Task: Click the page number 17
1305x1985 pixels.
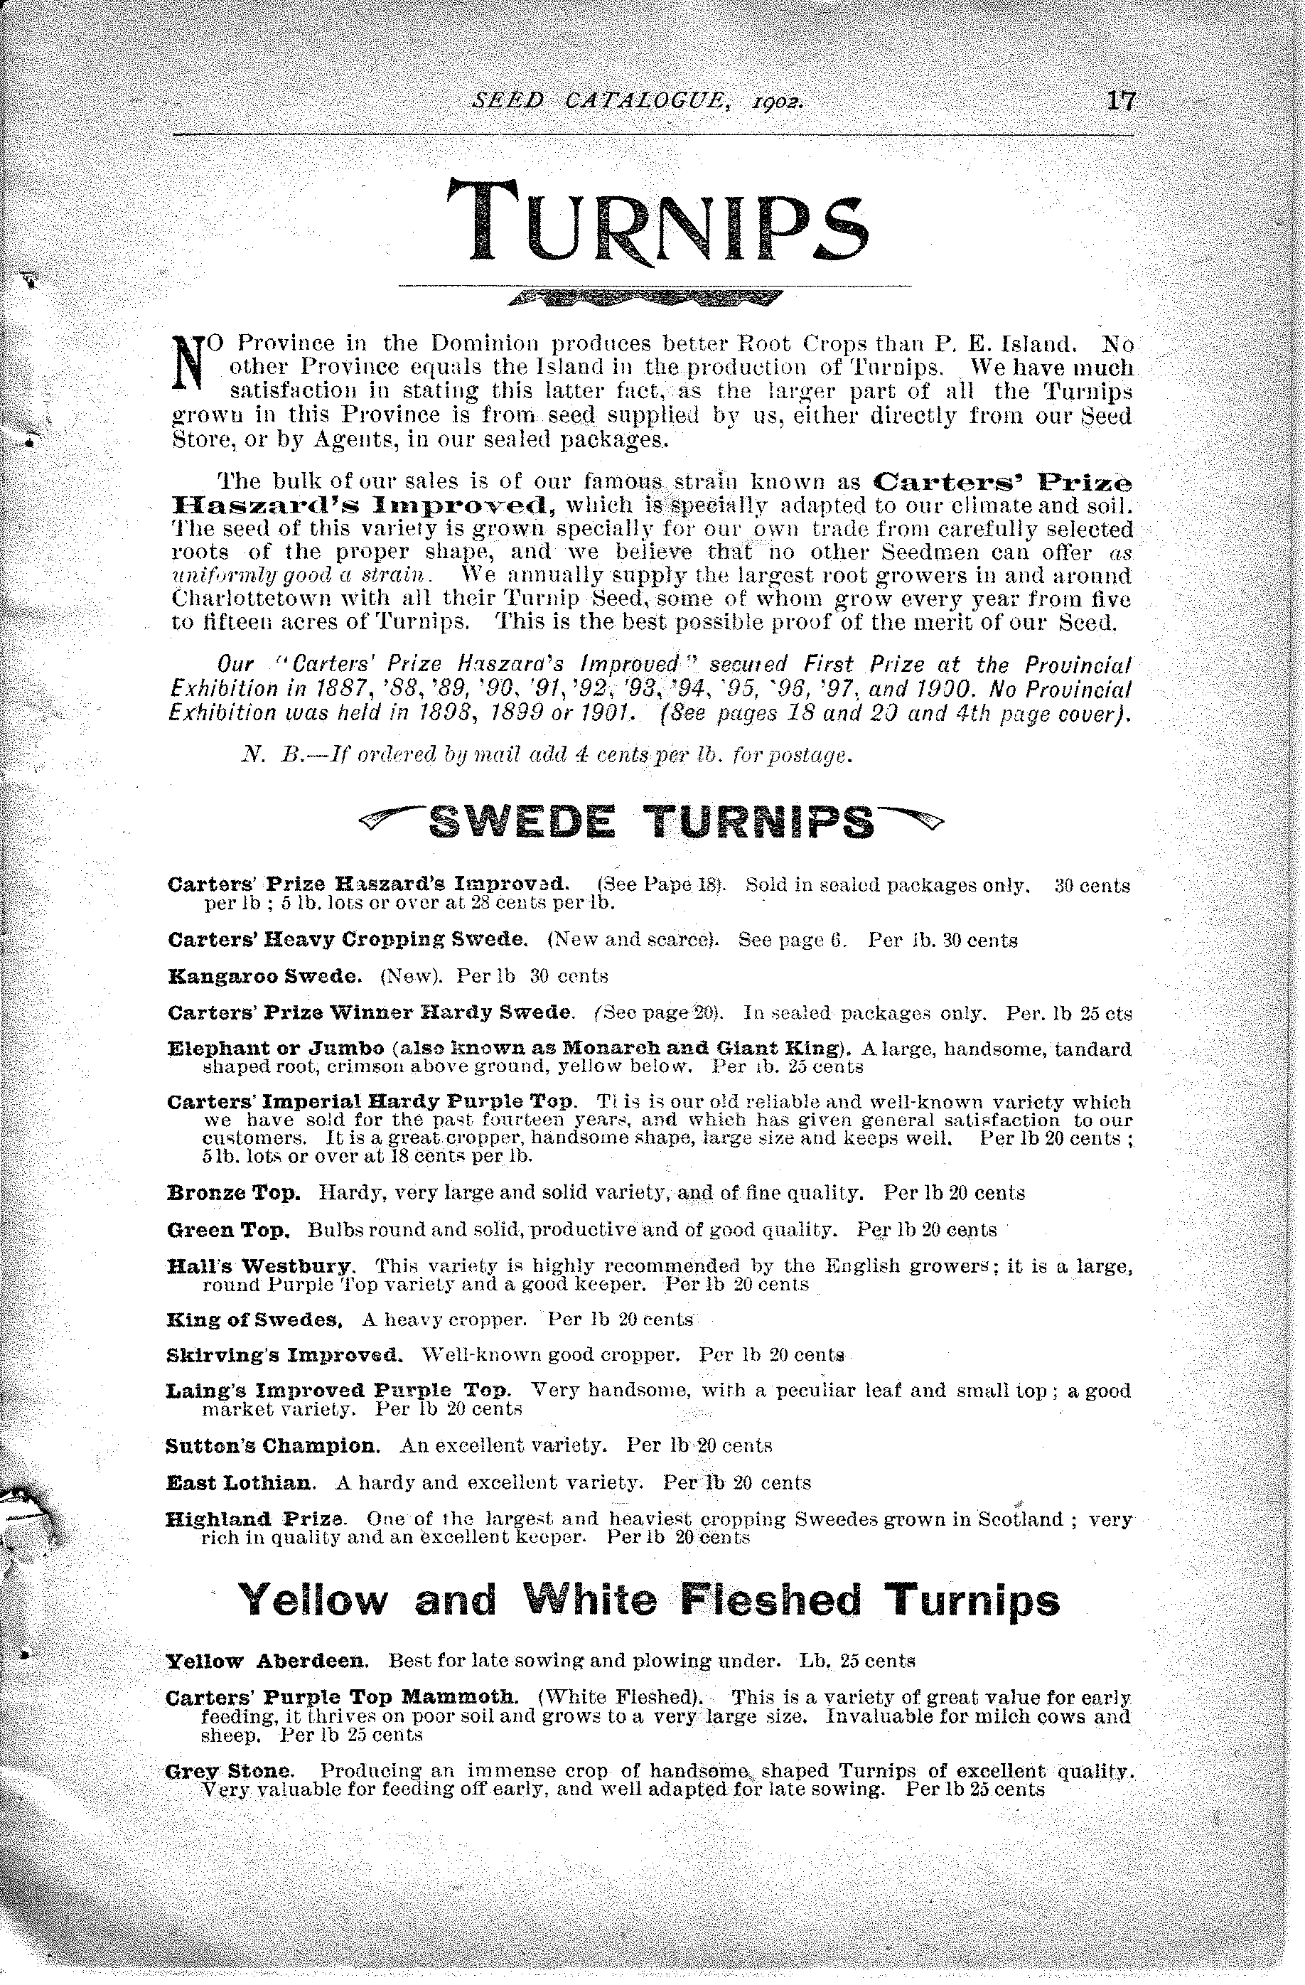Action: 1120,101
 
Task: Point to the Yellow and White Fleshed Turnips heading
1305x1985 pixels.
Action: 649,1599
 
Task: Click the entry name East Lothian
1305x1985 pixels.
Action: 241,1482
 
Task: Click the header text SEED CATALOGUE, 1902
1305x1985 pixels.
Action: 638,102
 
